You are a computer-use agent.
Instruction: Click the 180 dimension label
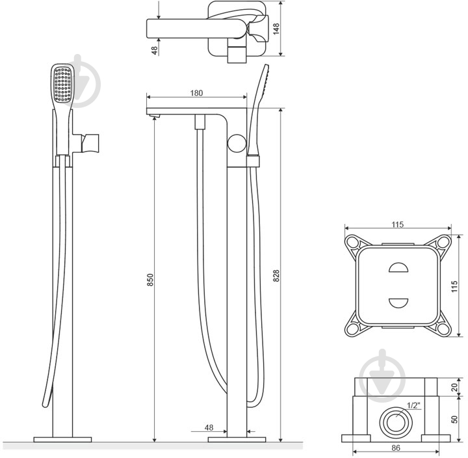coord(196,93)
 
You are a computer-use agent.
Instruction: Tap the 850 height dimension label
coord(150,280)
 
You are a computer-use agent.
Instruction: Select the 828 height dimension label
coord(276,276)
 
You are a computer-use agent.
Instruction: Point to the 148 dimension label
coord(276,29)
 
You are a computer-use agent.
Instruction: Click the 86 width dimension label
coord(395,448)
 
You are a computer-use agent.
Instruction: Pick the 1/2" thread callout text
coord(413,405)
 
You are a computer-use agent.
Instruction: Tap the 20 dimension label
coord(454,388)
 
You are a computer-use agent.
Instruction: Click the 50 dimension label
coord(454,420)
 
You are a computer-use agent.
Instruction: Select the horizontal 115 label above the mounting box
coord(398,224)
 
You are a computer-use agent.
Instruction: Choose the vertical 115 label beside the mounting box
coord(454,286)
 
